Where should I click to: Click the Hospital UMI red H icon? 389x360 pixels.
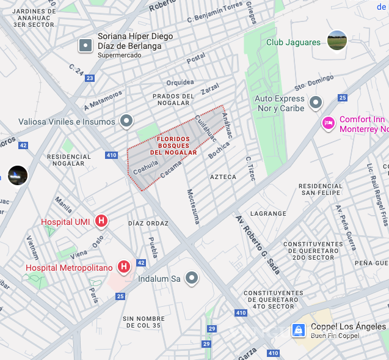(x=102, y=221)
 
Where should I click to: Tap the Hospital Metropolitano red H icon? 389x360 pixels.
(x=124, y=267)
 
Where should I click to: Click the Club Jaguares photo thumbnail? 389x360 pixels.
(x=337, y=41)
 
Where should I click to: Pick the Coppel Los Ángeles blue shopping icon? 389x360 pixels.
(x=298, y=330)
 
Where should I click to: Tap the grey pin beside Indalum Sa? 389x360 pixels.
(x=192, y=279)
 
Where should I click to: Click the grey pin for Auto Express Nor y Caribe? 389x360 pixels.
(x=316, y=102)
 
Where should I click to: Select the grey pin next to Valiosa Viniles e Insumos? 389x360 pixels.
(x=126, y=121)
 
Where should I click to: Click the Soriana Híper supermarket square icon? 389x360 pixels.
(x=85, y=45)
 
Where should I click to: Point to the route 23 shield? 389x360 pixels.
(x=90, y=78)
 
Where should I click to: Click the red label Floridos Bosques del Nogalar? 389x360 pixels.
(x=177, y=145)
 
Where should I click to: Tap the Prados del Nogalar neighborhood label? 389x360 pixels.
(x=173, y=100)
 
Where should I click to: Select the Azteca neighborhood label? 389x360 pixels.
(x=223, y=177)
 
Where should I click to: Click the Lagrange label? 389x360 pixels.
(x=268, y=213)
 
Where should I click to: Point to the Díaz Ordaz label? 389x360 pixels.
(x=148, y=223)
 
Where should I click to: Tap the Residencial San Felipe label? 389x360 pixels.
(x=321, y=189)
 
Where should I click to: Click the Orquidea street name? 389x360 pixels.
(x=180, y=82)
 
